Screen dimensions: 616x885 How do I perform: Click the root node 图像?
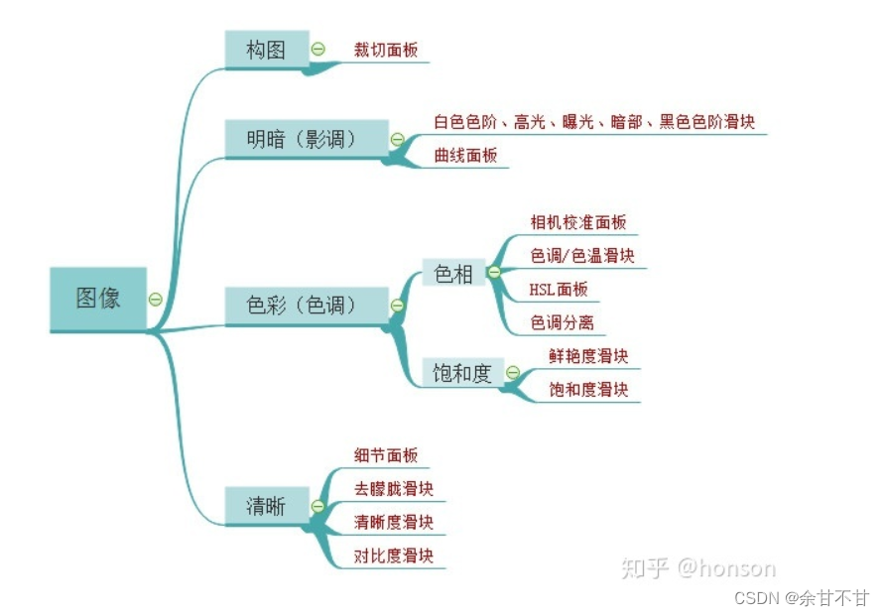point(98,299)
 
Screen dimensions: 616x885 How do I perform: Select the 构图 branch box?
point(266,50)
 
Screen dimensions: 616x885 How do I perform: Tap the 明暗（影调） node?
point(303,139)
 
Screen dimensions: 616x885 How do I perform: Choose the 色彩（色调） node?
point(303,305)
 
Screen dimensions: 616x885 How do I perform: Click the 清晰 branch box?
point(266,506)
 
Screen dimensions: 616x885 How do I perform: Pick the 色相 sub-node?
point(454,273)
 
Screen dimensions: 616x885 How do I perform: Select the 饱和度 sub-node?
point(462,373)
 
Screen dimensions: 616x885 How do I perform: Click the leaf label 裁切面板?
point(386,50)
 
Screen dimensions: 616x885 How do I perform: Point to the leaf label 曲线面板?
point(465,155)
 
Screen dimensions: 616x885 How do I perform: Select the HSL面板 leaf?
point(559,290)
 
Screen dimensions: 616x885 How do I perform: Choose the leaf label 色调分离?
point(563,322)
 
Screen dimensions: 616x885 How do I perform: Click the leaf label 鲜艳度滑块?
point(588,356)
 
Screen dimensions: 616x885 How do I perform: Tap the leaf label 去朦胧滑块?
point(394,489)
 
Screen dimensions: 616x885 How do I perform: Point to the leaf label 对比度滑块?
point(394,555)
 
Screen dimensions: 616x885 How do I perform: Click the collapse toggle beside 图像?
point(156,299)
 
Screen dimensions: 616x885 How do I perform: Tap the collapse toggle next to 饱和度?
point(513,373)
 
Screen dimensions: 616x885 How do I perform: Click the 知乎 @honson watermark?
point(697,567)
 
